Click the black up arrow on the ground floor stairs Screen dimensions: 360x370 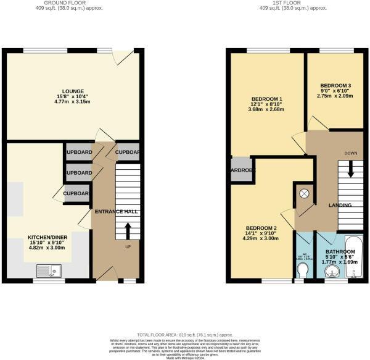[128, 230]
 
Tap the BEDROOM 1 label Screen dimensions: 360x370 [266, 99]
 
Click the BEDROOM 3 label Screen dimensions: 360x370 [335, 86]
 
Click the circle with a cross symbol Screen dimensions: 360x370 [303, 193]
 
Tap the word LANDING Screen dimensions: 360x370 [340, 205]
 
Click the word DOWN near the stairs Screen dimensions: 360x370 [351, 153]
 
